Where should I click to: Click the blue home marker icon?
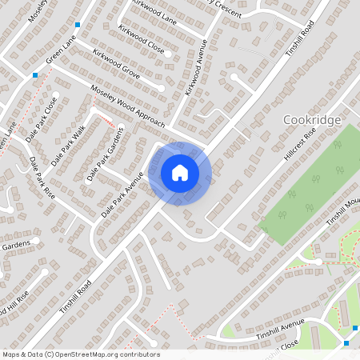[x=180, y=173]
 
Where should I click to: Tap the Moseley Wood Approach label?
[x=127, y=106]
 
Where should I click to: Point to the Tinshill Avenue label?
[x=281, y=329]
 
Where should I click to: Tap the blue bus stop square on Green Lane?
[x=35, y=75]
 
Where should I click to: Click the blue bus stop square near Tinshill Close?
[x=346, y=343]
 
